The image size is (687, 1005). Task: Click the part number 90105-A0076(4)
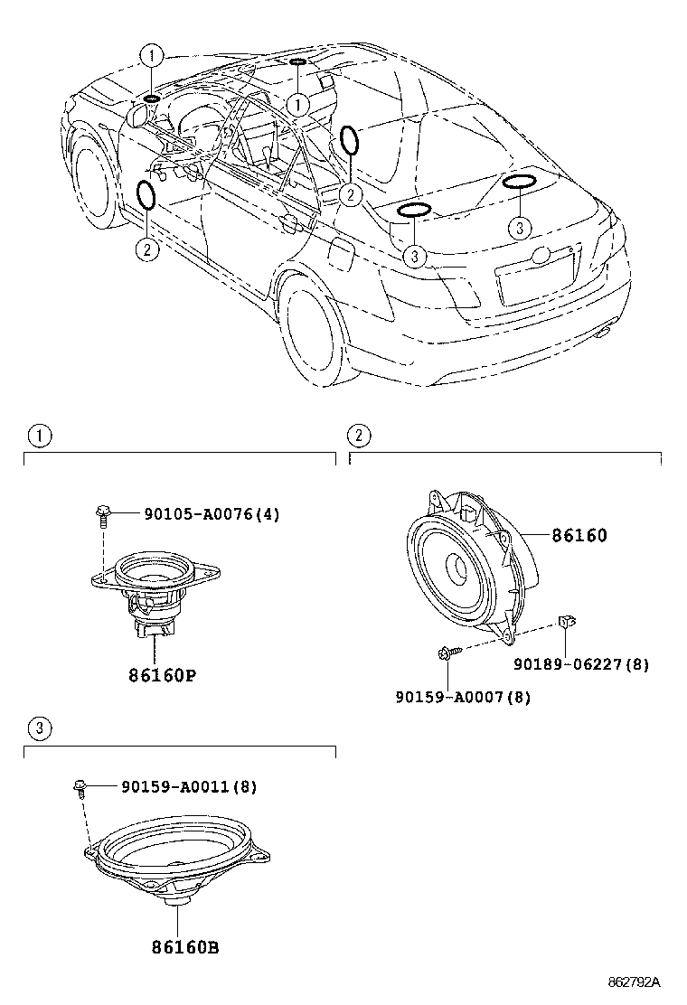pyautogui.click(x=212, y=514)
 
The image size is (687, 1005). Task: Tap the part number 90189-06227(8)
pyautogui.click(x=581, y=664)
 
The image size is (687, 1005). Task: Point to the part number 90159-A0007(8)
pyautogui.click(x=463, y=697)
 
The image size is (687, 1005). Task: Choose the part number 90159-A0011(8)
pyautogui.click(x=189, y=787)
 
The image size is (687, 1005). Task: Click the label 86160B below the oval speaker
pyautogui.click(x=178, y=947)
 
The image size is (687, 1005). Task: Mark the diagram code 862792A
pyautogui.click(x=632, y=982)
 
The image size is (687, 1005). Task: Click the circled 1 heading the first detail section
pyautogui.click(x=39, y=436)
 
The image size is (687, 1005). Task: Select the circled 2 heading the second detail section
pyautogui.click(x=359, y=436)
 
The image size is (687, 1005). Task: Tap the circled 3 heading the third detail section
pyautogui.click(x=39, y=728)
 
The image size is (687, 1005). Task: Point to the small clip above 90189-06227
pyautogui.click(x=566, y=620)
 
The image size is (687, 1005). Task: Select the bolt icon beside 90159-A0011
pyautogui.click(x=80, y=788)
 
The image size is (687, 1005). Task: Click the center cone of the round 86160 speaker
pyautogui.click(x=458, y=570)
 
